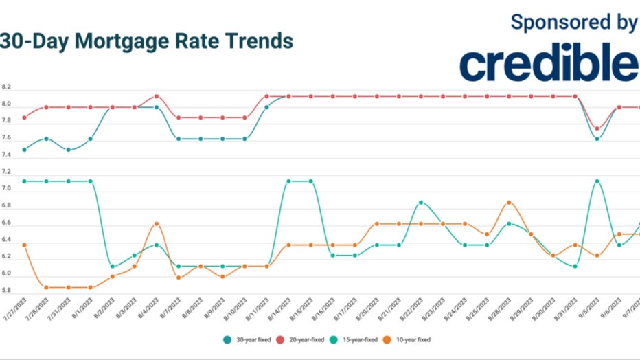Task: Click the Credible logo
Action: click(x=548, y=65)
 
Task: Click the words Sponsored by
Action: click(x=573, y=22)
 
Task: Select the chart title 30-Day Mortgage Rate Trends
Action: click(x=146, y=41)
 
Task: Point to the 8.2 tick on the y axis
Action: click(x=7, y=88)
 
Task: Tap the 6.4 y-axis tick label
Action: click(x=7, y=239)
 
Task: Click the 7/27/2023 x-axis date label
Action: click(x=16, y=309)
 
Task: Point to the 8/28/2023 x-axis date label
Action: click(x=501, y=309)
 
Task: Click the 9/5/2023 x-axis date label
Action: click(x=588, y=309)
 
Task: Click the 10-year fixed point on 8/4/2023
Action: click(x=157, y=224)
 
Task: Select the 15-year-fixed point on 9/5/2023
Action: click(x=597, y=181)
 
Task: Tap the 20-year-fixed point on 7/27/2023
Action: click(x=25, y=117)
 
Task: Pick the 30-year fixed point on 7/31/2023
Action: click(x=69, y=150)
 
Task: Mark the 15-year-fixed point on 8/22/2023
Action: click(x=421, y=203)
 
